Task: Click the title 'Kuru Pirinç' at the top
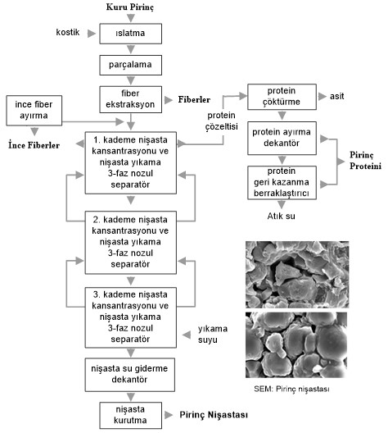tap(130, 7)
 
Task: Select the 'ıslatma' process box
tap(131, 33)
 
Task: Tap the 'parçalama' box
tap(131, 62)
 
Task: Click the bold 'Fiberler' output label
tap(198, 99)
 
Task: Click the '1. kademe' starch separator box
tap(131, 162)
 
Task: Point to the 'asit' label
tap(336, 97)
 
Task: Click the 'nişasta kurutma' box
tap(131, 414)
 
